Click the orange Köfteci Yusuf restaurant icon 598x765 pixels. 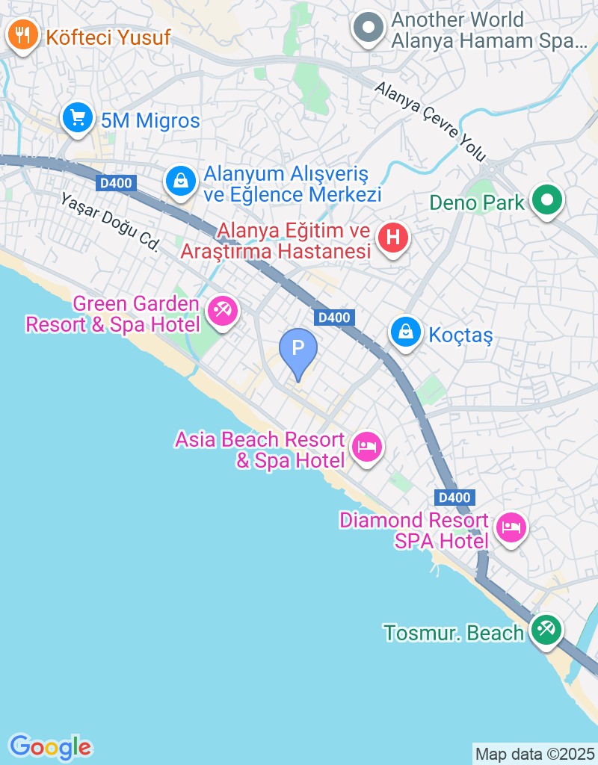(23, 35)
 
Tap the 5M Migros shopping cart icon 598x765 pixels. (77, 118)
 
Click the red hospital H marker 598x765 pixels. (393, 239)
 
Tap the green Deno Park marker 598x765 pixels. (547, 200)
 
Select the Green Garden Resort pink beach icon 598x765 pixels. (221, 310)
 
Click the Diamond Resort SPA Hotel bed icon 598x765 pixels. (511, 528)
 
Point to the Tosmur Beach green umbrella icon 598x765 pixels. (546, 629)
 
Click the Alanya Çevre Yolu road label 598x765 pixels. (431, 122)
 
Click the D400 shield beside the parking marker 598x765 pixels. (333, 318)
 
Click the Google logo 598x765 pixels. (50, 746)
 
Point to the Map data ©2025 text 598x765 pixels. (534, 754)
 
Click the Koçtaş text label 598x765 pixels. (461, 335)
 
